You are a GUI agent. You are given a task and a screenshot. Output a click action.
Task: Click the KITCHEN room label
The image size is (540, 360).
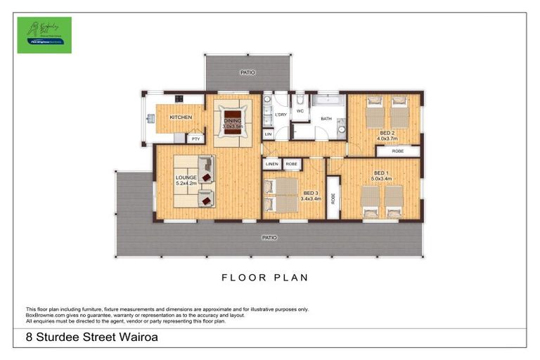click(x=181, y=117)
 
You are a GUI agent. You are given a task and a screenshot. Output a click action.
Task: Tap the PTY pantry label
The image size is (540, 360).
click(x=195, y=139)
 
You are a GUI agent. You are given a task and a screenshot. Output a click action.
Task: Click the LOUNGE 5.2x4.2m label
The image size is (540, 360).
click(x=186, y=181)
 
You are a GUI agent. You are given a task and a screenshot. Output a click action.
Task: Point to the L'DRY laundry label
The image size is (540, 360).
click(x=281, y=115)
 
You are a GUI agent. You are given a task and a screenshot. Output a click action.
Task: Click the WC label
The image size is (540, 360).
click(x=300, y=111)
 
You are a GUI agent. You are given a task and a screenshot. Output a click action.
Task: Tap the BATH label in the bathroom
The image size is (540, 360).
click(x=326, y=119)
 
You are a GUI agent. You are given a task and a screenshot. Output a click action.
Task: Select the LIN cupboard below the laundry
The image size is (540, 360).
click(x=268, y=133)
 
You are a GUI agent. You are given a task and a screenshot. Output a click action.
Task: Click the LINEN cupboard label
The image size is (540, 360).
click(x=271, y=165)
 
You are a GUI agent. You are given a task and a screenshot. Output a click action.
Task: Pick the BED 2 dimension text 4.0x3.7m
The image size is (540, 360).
click(x=387, y=139)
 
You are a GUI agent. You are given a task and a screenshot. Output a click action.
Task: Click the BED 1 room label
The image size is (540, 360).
click(x=381, y=173)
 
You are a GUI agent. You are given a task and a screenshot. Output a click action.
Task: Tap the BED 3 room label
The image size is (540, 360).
click(x=311, y=193)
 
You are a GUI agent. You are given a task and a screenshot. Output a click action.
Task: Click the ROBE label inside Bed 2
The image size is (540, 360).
click(x=398, y=150)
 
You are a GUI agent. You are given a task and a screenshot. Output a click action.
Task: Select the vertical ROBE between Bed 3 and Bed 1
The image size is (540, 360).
click(x=333, y=198)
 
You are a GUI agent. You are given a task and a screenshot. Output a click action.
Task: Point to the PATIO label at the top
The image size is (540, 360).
click(x=247, y=72)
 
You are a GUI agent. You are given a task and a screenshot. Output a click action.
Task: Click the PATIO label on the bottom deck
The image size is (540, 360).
click(x=269, y=238)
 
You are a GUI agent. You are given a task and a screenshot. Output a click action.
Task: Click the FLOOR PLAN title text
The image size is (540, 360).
click(x=265, y=278)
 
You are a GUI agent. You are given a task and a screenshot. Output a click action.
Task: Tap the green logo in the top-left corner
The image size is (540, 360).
click(x=44, y=35)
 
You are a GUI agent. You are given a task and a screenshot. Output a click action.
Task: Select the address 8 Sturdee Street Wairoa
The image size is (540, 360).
click(x=91, y=337)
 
